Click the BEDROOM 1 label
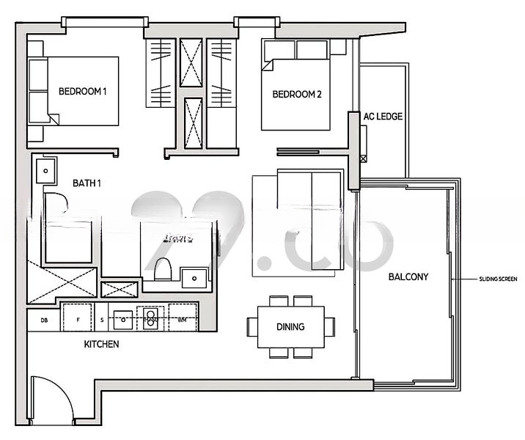coord(83,92)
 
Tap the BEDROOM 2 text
coord(297,95)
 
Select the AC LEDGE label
coord(383,117)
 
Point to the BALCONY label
coord(408,277)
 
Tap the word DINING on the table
coord(290,327)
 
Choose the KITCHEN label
coord(101,344)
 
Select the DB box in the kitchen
coord(44,320)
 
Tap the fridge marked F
coord(77,320)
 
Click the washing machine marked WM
coord(182,320)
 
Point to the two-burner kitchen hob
coord(151,318)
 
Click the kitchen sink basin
coord(123,318)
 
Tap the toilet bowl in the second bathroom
coord(163,270)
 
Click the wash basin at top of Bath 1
coord(46,170)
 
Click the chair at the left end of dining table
coord(252,326)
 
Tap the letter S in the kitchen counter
coord(101,320)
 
